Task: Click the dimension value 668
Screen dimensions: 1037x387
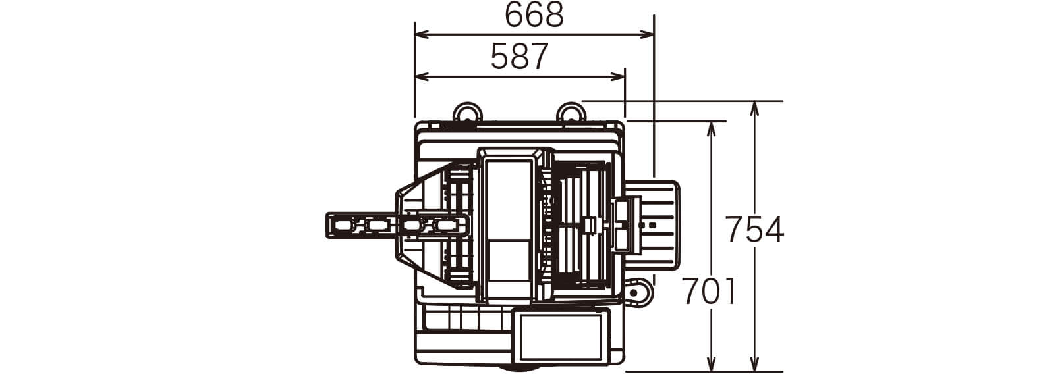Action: coord(534,15)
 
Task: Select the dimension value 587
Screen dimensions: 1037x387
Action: coord(519,57)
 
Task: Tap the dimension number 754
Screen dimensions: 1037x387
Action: coord(754,229)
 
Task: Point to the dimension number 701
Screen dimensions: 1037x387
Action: coord(710,292)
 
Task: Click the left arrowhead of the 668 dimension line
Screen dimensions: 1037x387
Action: coord(420,34)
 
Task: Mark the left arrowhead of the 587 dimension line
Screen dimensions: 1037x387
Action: coord(420,77)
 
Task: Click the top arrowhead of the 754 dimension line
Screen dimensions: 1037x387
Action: coord(754,109)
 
